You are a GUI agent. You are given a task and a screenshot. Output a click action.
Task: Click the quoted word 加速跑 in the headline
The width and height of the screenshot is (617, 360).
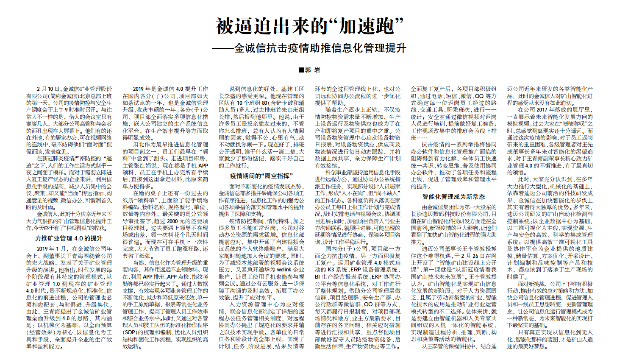(365, 26)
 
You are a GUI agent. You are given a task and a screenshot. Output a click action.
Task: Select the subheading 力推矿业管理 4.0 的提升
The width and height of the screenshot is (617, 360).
(69, 238)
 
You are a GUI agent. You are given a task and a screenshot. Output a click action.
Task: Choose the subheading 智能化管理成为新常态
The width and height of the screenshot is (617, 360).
(453, 197)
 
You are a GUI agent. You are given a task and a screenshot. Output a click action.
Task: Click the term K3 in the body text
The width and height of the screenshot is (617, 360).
(329, 270)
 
